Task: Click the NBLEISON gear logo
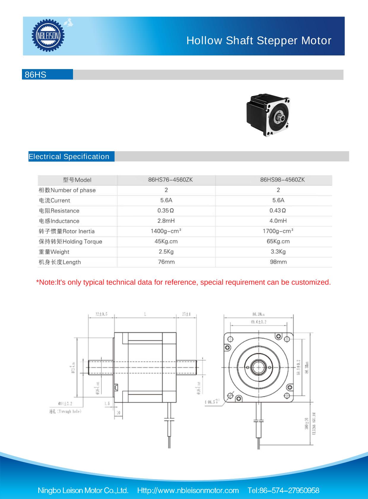pyautogui.click(x=48, y=36)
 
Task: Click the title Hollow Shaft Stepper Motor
pyautogui.click(x=258, y=41)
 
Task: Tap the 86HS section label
pyautogui.click(x=36, y=75)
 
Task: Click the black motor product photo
pyautogui.click(x=268, y=115)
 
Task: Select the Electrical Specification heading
pyautogui.click(x=69, y=157)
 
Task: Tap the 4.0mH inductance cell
pyautogui.click(x=278, y=221)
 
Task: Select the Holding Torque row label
pyautogui.click(x=71, y=242)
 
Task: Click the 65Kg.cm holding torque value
pyautogui.click(x=278, y=241)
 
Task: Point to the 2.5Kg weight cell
pyautogui.click(x=166, y=252)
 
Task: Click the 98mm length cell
pyautogui.click(x=278, y=262)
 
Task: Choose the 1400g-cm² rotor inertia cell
pyautogui.click(x=166, y=231)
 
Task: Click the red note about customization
pyautogui.click(x=183, y=282)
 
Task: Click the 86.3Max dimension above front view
pyautogui.click(x=258, y=314)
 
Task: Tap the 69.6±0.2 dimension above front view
pyautogui.click(x=258, y=322)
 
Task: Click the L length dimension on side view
pyautogui.click(x=145, y=314)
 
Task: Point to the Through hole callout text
pyautogui.click(x=65, y=412)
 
